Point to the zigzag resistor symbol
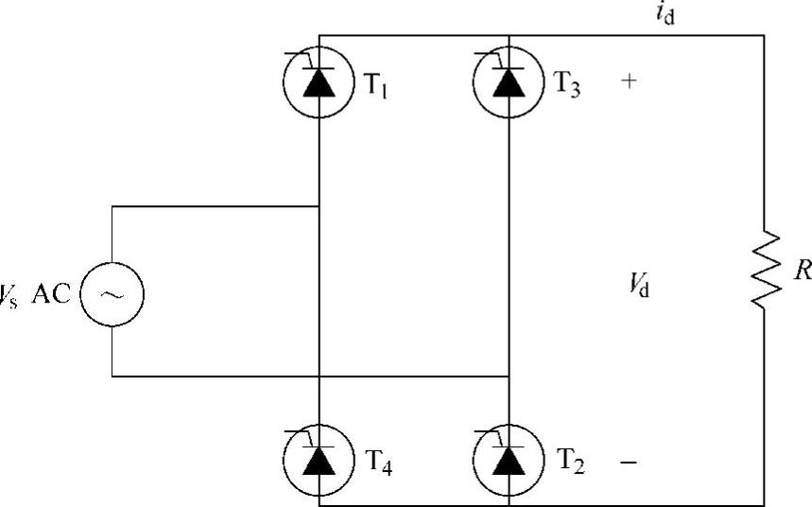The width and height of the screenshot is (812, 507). (764, 270)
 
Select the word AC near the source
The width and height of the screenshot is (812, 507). (51, 293)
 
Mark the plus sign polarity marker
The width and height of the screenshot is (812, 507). (629, 81)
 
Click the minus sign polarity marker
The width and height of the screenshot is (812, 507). (629, 463)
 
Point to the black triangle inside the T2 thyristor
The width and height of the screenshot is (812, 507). (509, 462)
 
